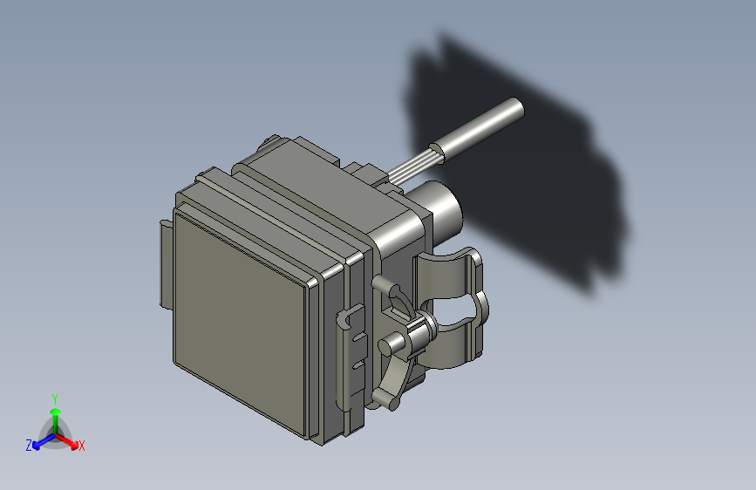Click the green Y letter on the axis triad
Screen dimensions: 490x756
point(54,398)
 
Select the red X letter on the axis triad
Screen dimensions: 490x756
point(82,446)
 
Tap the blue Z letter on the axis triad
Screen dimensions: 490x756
point(29,445)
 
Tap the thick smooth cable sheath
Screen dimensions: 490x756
point(480,132)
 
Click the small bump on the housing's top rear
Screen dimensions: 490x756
point(272,140)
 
